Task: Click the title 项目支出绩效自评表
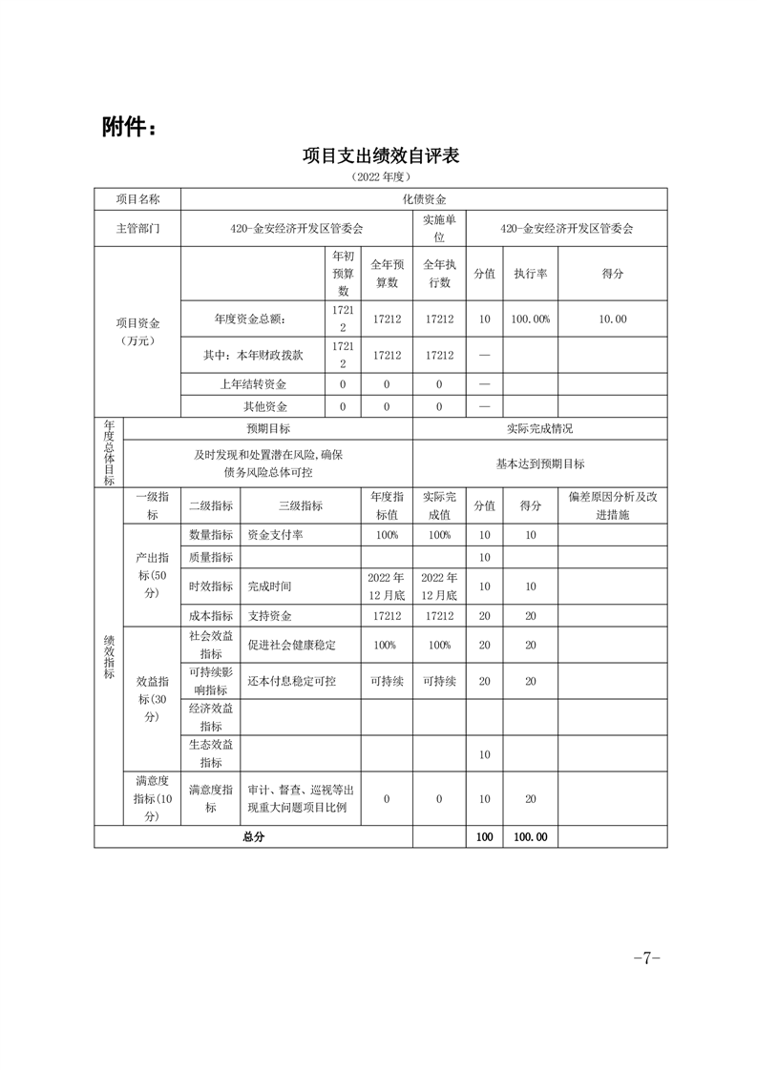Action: click(x=380, y=155)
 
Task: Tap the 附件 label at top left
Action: click(x=128, y=126)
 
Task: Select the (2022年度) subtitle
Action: click(x=380, y=177)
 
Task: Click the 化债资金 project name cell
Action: click(x=424, y=199)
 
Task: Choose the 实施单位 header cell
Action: click(x=439, y=229)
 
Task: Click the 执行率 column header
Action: click(x=530, y=273)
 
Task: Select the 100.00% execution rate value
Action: click(x=530, y=319)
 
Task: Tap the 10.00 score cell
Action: click(x=612, y=319)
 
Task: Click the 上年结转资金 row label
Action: click(x=253, y=384)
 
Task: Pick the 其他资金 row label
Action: click(x=253, y=406)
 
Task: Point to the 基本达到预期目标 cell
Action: click(x=540, y=463)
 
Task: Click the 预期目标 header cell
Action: click(x=268, y=429)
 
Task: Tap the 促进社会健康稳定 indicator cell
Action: click(x=291, y=645)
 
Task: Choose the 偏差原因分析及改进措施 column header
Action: click(x=612, y=505)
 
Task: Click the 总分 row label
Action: click(x=253, y=836)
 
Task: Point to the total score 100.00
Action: click(x=530, y=836)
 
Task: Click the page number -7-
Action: click(x=646, y=958)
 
